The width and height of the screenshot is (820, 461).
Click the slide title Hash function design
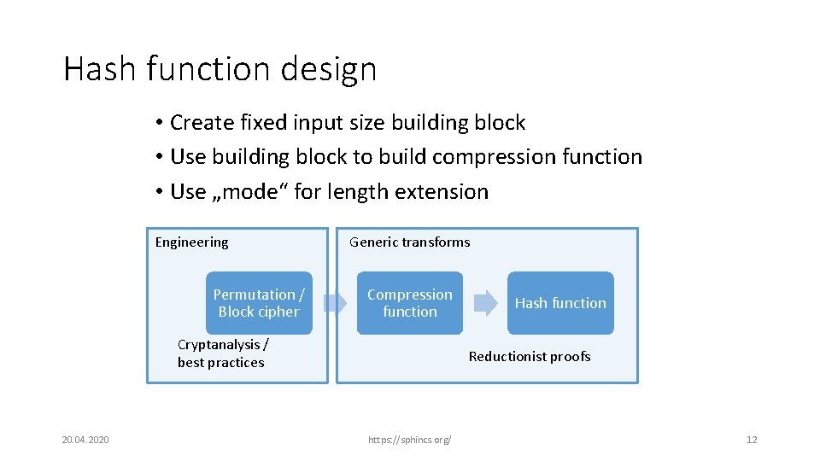tap(220, 69)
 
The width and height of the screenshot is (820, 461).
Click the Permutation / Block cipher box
tap(259, 303)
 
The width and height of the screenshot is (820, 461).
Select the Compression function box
tap(410, 303)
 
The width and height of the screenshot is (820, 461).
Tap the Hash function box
tap(560, 303)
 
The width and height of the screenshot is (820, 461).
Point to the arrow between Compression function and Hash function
tap(485, 303)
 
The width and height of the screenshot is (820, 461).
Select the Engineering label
tap(191, 242)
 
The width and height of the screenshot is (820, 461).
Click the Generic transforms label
tap(410, 242)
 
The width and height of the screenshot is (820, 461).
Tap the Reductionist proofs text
tap(530, 357)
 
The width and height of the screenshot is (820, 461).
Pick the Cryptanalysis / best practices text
tap(222, 353)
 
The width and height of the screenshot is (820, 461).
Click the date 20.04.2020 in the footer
tap(85, 440)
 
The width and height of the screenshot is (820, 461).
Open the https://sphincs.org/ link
tap(410, 440)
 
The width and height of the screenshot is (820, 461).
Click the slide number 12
tap(752, 440)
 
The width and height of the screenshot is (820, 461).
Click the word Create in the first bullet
tap(202, 123)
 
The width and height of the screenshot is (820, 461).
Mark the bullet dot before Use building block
tap(160, 158)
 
